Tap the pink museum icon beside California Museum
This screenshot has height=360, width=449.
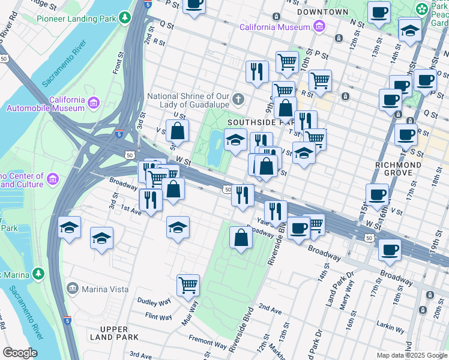tap(318, 27)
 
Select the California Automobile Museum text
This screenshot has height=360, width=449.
tap(45, 104)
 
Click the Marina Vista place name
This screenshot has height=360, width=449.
tap(105, 289)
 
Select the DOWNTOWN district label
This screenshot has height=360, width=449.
tap(322, 12)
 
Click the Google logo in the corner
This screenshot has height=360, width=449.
tap(20, 353)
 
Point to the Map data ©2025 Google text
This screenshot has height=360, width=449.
tap(412, 355)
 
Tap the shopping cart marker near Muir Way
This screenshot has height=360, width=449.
tap(188, 285)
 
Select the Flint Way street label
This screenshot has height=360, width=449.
tap(158, 316)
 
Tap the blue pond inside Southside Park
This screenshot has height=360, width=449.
tap(214, 148)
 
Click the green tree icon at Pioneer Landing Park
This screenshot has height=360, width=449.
tap(125, 17)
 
